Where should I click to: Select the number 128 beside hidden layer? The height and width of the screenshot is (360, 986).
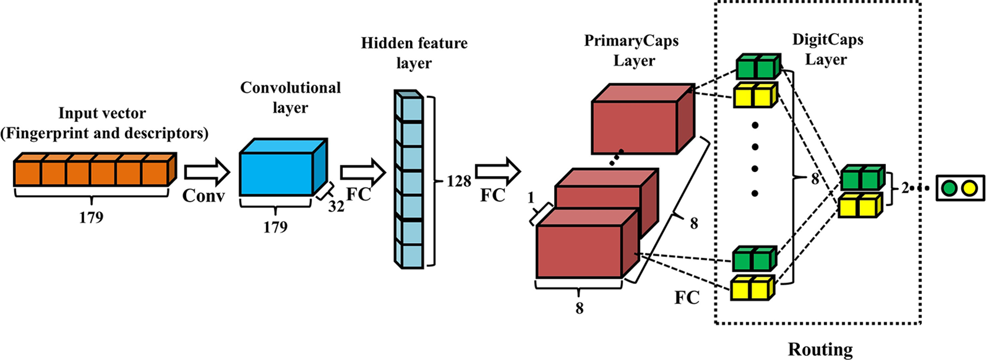click(x=458, y=181)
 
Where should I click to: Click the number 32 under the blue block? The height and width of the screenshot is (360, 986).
click(x=336, y=206)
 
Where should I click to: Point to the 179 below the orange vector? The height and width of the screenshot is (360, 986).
click(x=91, y=217)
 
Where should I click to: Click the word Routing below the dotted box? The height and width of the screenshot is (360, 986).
click(x=820, y=349)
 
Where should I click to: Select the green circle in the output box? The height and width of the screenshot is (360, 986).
click(x=948, y=189)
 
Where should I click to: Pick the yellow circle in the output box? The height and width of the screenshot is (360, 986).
click(x=969, y=189)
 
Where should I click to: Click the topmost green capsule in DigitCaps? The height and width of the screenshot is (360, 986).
click(x=757, y=67)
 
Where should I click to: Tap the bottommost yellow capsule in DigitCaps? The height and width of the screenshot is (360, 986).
click(x=752, y=289)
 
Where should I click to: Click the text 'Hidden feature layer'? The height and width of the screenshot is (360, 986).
click(x=414, y=53)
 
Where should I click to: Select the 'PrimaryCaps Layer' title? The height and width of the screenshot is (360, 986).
click(x=631, y=51)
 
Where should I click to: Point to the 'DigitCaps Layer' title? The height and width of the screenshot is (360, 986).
click(x=827, y=49)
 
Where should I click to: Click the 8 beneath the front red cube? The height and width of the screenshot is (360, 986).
click(x=580, y=308)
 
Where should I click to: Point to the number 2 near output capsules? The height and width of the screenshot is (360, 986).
click(x=905, y=189)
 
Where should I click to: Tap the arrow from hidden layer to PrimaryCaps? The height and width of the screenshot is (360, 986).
click(x=498, y=172)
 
